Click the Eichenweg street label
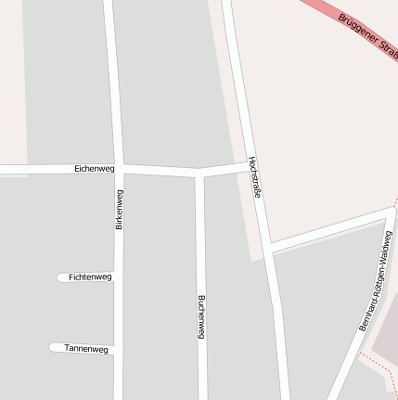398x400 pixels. pos(95,169)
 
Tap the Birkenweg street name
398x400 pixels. pos(119,209)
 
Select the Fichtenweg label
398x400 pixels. pos(90,277)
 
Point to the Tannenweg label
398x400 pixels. pos(86,349)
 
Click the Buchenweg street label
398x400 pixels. pos(200,316)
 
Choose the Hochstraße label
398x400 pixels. pos(253,177)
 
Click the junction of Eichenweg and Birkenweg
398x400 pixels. pos(118,169)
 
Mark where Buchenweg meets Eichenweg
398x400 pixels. pos(199,172)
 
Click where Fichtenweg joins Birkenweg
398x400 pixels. pos(118,277)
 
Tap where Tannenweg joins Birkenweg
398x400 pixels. pos(118,349)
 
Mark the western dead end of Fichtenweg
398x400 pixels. pos(60,277)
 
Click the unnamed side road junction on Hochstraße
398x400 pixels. pos(269,248)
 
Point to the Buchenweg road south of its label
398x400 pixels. pos(201,371)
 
